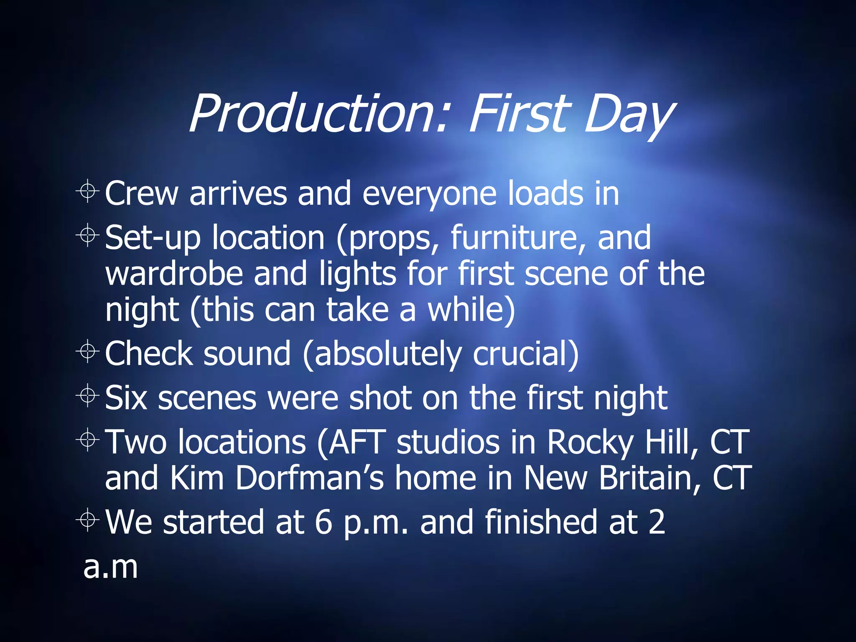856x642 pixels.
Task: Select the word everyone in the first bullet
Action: tap(429, 194)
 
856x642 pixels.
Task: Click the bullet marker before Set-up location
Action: tap(88, 235)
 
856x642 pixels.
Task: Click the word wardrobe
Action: tap(174, 273)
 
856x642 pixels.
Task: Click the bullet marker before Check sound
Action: tap(88, 352)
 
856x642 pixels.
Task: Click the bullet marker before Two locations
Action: tap(88, 440)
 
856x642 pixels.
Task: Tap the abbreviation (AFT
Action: tap(351, 442)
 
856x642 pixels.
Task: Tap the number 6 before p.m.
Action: tap(323, 522)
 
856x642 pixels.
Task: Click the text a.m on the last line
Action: tap(110, 567)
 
